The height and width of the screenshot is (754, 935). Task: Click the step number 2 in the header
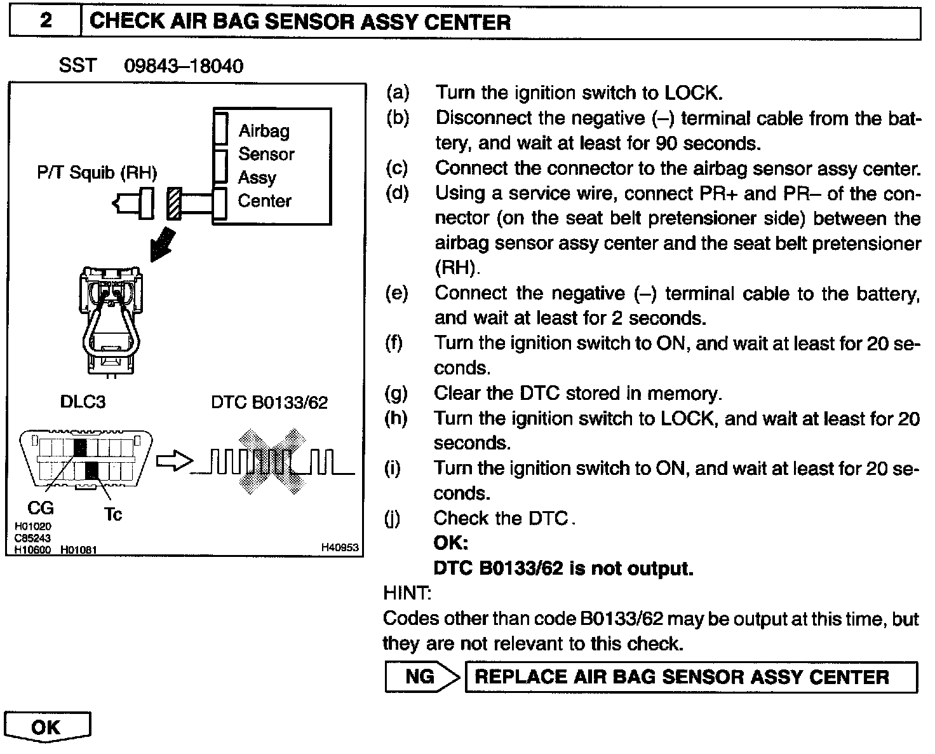(45, 21)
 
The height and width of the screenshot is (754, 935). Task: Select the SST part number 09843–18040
(184, 66)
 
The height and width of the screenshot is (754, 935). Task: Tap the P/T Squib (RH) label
(97, 172)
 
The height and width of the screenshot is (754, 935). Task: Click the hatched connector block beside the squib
(174, 204)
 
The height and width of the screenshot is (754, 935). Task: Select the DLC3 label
(83, 402)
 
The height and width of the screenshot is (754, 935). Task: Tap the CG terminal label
(41, 508)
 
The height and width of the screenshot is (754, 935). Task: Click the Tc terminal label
(112, 514)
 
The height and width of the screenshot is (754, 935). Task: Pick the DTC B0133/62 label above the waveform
(269, 402)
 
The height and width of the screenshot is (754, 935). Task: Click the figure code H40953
(340, 547)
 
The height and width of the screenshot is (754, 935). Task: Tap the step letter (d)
(397, 193)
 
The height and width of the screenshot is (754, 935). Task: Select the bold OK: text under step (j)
(450, 544)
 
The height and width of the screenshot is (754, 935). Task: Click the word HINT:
(407, 593)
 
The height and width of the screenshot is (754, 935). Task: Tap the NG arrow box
(422, 677)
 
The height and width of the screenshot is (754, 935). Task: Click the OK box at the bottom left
(46, 727)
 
